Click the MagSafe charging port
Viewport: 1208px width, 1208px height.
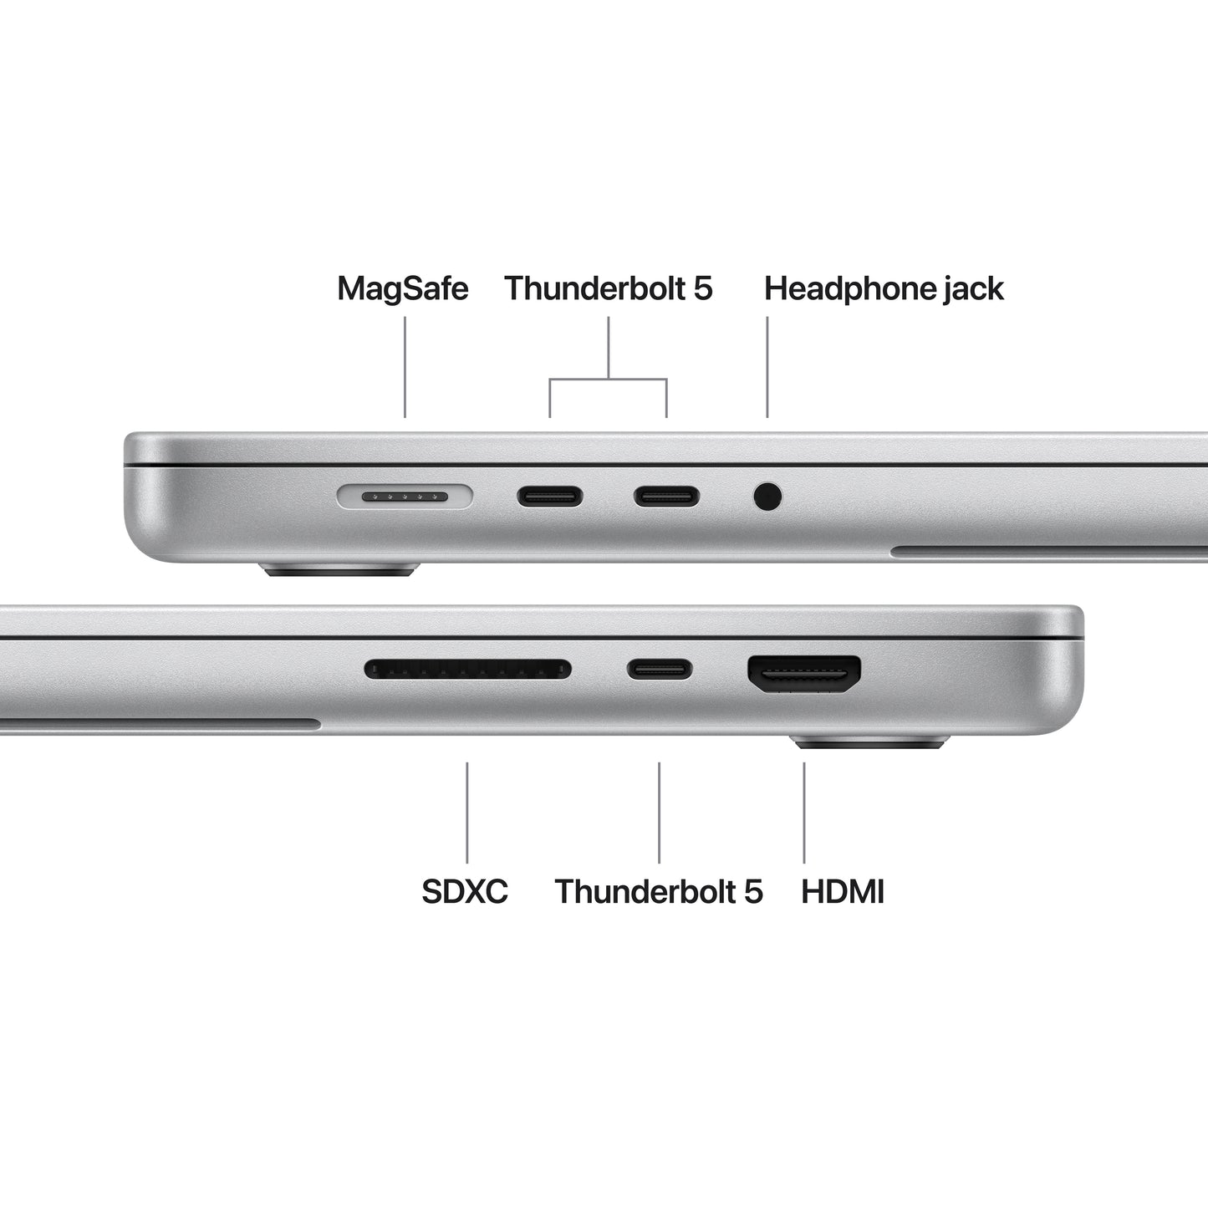pos(405,497)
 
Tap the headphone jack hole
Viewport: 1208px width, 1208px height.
pos(767,497)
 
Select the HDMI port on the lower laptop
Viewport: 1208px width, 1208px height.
pos(804,673)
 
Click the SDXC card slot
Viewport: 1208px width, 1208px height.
pos(468,670)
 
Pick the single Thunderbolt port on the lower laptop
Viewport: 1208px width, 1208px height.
pos(660,669)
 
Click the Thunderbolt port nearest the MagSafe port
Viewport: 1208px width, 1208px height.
pos(549,497)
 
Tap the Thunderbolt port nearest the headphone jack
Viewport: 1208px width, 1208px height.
pos(666,497)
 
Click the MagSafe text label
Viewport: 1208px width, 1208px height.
pos(402,288)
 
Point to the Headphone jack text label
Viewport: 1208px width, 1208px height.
pos(884,288)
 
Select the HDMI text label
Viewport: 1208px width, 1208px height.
pos(842,891)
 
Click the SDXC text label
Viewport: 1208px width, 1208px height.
pos(465,891)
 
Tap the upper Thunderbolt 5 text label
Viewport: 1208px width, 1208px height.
pos(608,288)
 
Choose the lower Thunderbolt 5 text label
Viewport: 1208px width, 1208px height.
pos(659,891)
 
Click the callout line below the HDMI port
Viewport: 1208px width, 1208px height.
pos(804,812)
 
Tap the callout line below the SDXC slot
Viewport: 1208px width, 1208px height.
pos(466,812)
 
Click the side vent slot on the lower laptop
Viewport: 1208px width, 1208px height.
pos(159,724)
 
